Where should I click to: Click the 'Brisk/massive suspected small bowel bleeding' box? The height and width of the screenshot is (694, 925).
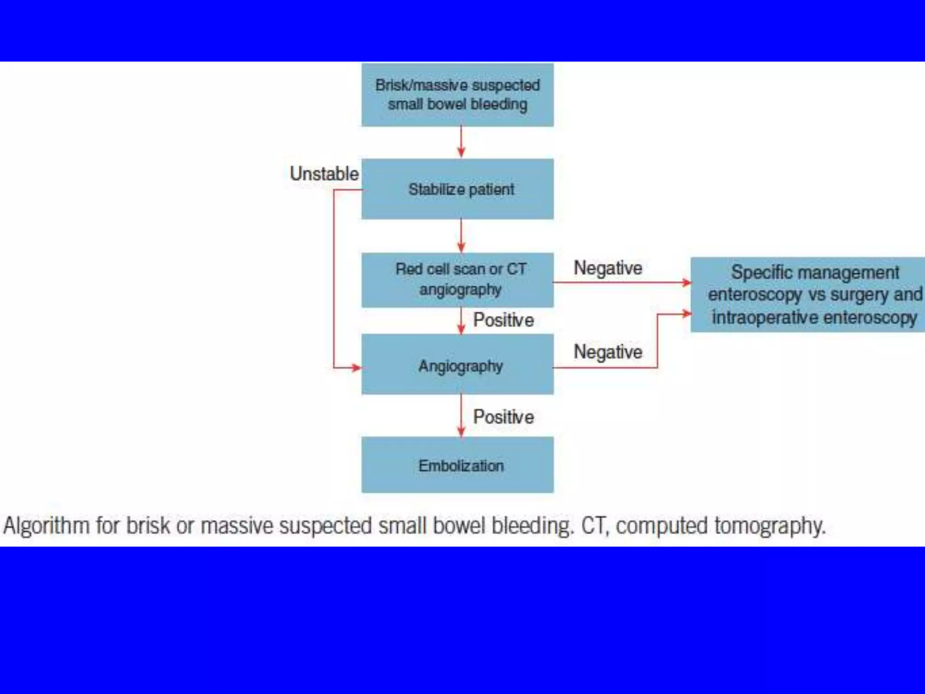click(457, 95)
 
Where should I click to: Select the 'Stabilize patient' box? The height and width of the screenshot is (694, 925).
click(457, 189)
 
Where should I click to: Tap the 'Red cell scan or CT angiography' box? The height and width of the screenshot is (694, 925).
click(457, 280)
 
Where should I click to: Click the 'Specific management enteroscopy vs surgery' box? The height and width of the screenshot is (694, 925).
click(808, 295)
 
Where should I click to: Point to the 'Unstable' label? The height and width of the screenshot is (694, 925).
click(324, 174)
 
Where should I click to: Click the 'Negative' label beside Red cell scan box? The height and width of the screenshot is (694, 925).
click(607, 268)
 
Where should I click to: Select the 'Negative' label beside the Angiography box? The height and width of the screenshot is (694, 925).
click(607, 352)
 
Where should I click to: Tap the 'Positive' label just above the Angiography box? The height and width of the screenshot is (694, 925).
click(503, 320)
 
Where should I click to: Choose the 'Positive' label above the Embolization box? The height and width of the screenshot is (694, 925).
click(503, 417)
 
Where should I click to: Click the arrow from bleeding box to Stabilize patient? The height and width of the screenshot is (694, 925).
click(461, 142)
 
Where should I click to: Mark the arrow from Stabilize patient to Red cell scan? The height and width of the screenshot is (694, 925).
click(461, 236)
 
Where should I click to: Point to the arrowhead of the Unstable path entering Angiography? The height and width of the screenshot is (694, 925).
click(356, 368)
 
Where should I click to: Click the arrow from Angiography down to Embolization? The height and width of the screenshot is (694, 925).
click(461, 415)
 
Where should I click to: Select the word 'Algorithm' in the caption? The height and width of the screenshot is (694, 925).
click(46, 526)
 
